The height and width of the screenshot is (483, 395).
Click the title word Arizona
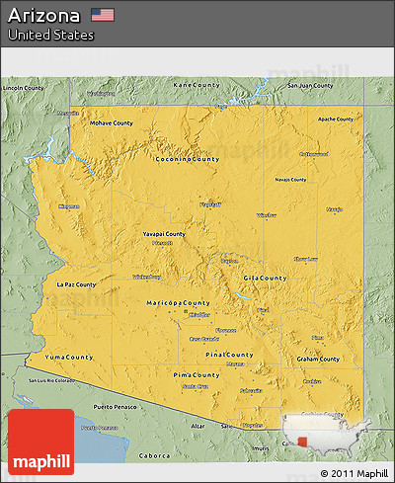pyautogui.click(x=43, y=15)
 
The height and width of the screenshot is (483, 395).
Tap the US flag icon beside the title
pyautogui.click(x=102, y=15)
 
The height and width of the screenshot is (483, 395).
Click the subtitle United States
pyautogui.click(x=50, y=36)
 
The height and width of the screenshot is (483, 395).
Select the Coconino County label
pyautogui.click(x=187, y=158)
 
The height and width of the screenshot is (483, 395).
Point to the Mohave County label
pyautogui.click(x=112, y=123)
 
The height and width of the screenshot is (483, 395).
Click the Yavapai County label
pyautogui.click(x=163, y=234)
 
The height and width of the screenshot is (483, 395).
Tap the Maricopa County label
pyautogui.click(x=178, y=302)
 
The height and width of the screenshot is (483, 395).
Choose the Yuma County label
pyautogui.click(x=69, y=357)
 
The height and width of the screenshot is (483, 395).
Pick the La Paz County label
pyautogui.click(x=76, y=284)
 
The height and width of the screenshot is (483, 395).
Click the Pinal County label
pyautogui.click(x=229, y=354)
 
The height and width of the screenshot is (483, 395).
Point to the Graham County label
pyautogui.click(x=316, y=359)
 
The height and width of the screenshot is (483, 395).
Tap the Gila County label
pyautogui.click(x=266, y=279)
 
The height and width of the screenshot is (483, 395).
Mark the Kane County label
pyautogui.click(x=196, y=85)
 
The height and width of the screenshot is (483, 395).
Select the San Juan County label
pyautogui.click(x=308, y=85)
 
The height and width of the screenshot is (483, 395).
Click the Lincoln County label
pyautogui.click(x=25, y=88)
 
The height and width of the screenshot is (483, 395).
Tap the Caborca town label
pyautogui.click(x=151, y=456)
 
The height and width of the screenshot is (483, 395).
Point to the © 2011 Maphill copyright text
pyautogui.click(x=355, y=474)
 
